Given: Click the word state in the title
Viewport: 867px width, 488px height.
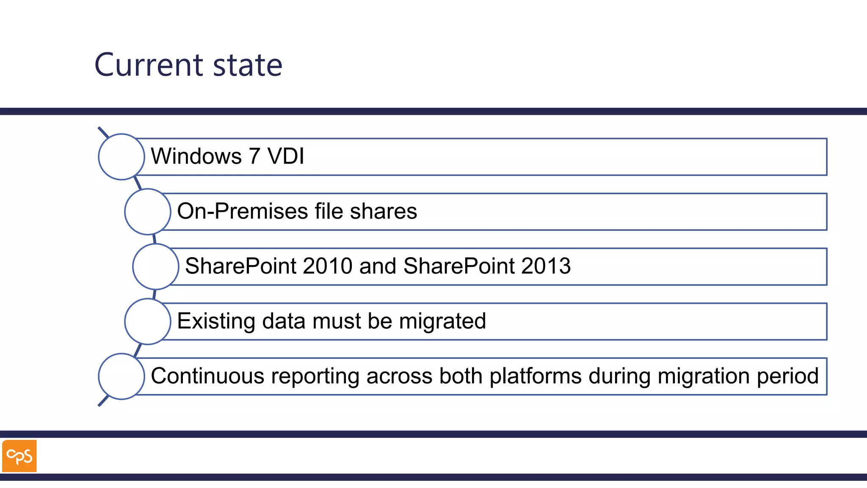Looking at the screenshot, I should [248, 65].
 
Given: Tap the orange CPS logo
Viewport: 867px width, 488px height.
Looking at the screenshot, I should [19, 456].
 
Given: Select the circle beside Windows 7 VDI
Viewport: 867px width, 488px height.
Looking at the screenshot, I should [121, 157].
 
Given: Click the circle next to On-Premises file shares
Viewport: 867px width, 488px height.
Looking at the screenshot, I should [148, 212].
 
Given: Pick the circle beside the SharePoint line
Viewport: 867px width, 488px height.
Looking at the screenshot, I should [156, 266].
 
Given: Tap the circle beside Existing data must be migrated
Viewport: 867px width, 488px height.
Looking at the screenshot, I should [148, 321].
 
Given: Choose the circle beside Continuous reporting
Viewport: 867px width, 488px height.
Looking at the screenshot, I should [121, 376].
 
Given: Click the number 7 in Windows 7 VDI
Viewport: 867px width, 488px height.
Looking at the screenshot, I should [254, 156].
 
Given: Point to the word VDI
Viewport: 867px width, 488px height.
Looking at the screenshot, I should [286, 156].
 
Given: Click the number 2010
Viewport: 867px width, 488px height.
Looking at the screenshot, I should [328, 266].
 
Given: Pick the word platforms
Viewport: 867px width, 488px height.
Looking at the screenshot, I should [536, 376].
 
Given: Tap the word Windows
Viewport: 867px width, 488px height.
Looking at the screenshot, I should [196, 156].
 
